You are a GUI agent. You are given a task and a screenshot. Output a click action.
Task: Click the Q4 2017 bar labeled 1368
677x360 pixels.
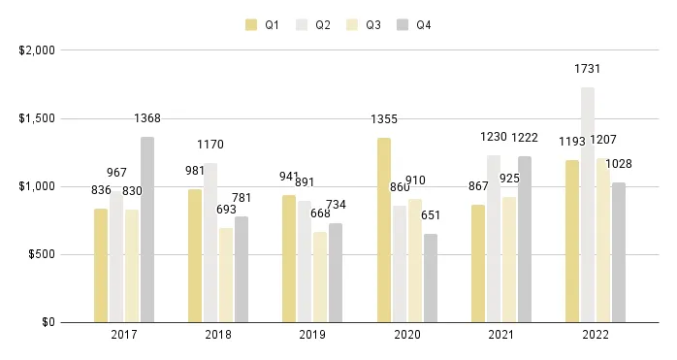coord(147,229)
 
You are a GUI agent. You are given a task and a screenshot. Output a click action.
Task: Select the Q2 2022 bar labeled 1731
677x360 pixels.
coord(588,205)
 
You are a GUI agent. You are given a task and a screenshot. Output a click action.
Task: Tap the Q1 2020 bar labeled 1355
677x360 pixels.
coord(384,230)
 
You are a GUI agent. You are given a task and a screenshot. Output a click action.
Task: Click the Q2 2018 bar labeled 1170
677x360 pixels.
coord(210,243)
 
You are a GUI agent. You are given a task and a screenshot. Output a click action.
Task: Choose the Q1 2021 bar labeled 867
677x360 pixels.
coord(478,263)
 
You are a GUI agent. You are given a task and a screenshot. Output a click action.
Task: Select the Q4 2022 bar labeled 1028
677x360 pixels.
coord(619,252)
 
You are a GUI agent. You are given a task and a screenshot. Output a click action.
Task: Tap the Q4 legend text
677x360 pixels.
coord(424,25)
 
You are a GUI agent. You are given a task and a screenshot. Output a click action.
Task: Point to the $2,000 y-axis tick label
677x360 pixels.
coord(37,50)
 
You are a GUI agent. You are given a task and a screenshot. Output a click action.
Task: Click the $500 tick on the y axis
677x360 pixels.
coord(42,254)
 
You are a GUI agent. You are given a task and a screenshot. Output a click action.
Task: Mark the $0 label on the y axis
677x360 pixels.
coord(48,322)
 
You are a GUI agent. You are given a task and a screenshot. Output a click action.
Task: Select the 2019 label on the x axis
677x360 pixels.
coord(312,335)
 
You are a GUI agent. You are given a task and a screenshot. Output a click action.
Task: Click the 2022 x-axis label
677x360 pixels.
coord(596,335)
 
